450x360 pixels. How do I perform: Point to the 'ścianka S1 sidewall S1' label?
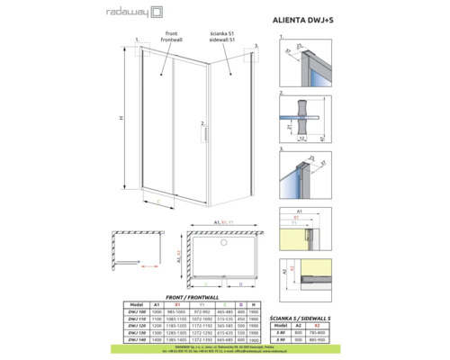[221, 41]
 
